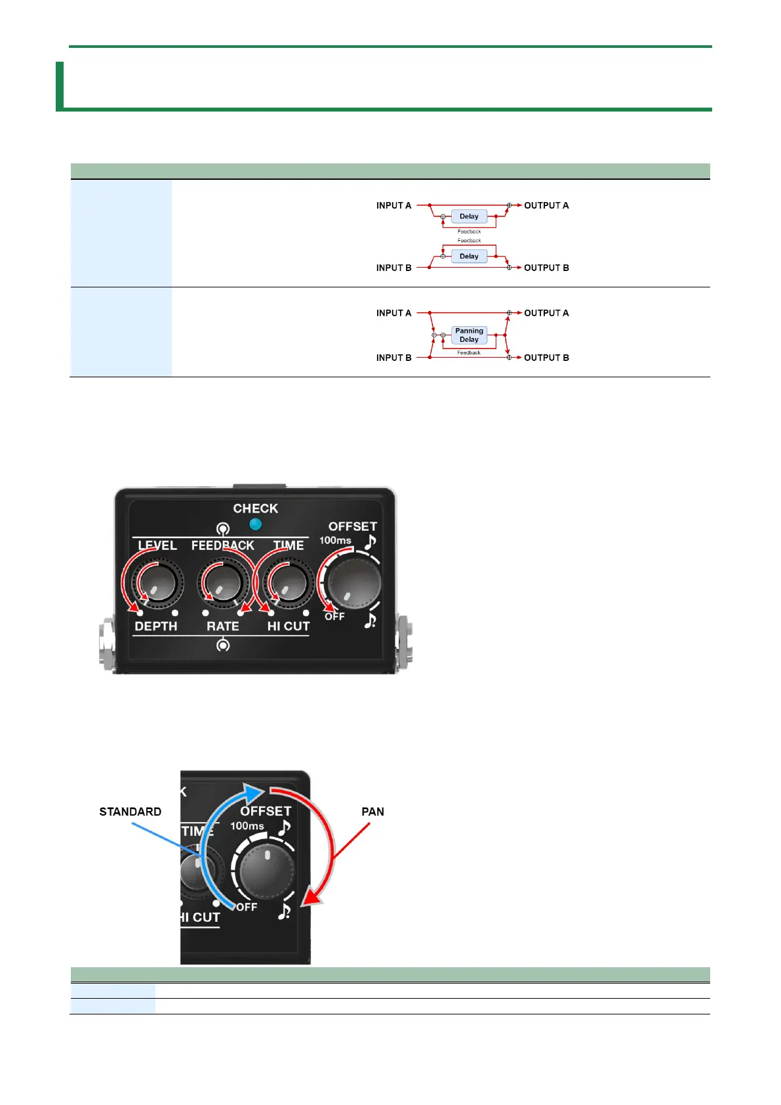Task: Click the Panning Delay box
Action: click(469, 335)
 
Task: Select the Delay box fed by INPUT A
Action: click(469, 217)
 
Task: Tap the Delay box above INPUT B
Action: click(469, 257)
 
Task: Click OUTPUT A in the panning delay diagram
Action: click(546, 313)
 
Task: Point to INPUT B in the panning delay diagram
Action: click(393, 358)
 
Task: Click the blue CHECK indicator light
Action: click(256, 524)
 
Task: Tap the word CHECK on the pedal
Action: click(255, 509)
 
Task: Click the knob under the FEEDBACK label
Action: click(223, 582)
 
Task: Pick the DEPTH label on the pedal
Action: click(155, 626)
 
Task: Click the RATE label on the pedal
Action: click(223, 626)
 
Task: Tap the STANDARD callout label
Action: click(130, 812)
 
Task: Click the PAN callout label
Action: click(372, 812)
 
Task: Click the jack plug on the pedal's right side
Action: click(405, 638)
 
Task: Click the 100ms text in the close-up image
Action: click(247, 826)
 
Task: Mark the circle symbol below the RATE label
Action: click(223, 646)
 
